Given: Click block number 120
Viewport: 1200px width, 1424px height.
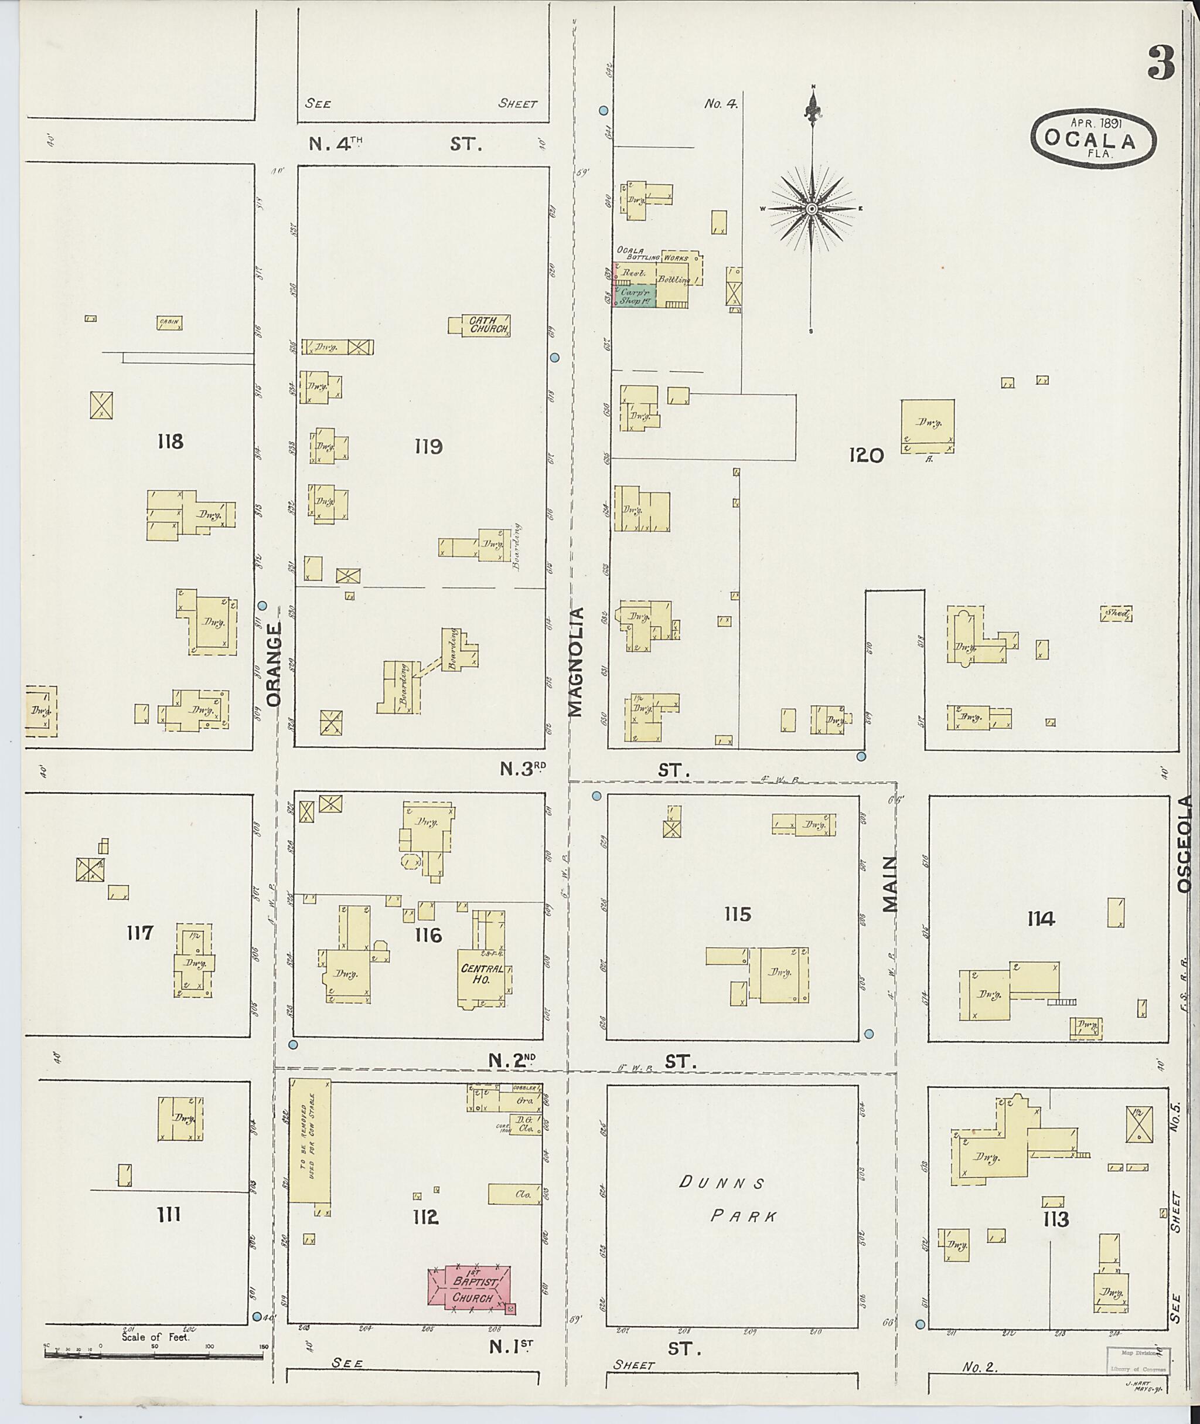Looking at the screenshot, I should [x=865, y=456].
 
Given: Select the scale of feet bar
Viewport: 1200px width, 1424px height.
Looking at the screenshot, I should [x=154, y=1354].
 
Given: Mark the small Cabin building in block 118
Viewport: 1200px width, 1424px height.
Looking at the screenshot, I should [x=169, y=322].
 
